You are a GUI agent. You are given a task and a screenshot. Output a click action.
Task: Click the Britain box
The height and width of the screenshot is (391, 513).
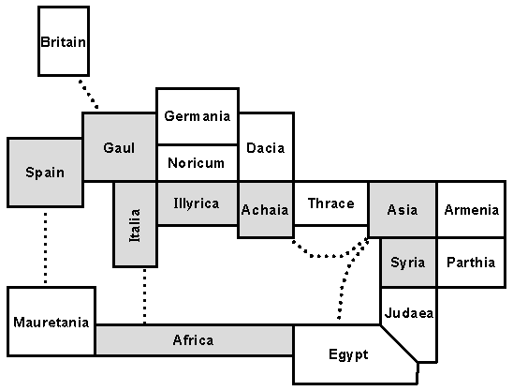tap(64, 41)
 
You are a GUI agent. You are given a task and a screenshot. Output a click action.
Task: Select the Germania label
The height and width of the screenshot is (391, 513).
tap(197, 116)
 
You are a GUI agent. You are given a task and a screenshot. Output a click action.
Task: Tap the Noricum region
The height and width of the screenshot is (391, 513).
tap(197, 162)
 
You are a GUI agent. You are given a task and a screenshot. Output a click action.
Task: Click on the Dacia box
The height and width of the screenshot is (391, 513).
tap(265, 147)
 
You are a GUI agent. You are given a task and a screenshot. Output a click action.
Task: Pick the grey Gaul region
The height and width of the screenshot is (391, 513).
tap(119, 147)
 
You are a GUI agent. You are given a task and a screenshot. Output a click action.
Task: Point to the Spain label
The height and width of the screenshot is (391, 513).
tap(45, 172)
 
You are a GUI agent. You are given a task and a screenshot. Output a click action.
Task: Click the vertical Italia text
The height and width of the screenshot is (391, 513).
tap(134, 225)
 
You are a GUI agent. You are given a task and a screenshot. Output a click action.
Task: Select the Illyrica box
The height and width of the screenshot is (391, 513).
tap(196, 203)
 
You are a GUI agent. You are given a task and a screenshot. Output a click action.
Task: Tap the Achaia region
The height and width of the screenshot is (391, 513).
tap(265, 209)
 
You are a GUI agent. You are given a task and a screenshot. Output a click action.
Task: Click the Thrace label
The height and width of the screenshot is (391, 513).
tap(330, 203)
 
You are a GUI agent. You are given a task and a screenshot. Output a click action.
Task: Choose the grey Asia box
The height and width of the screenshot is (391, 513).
tap(402, 209)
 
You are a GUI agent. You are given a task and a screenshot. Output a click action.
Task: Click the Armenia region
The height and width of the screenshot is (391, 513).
tap(471, 209)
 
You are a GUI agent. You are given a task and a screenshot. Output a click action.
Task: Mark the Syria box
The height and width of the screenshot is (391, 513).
tap(408, 263)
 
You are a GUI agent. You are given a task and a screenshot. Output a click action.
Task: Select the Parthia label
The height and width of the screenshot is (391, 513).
tap(471, 263)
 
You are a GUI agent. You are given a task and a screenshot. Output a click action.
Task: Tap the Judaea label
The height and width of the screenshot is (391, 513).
tap(409, 313)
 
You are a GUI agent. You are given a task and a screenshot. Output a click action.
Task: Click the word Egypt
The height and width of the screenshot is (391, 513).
tap(348, 354)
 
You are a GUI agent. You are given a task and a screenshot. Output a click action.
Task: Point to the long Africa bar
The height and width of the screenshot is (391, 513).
tap(193, 339)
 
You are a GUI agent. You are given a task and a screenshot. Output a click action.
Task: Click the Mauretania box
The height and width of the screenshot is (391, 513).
tap(51, 322)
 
